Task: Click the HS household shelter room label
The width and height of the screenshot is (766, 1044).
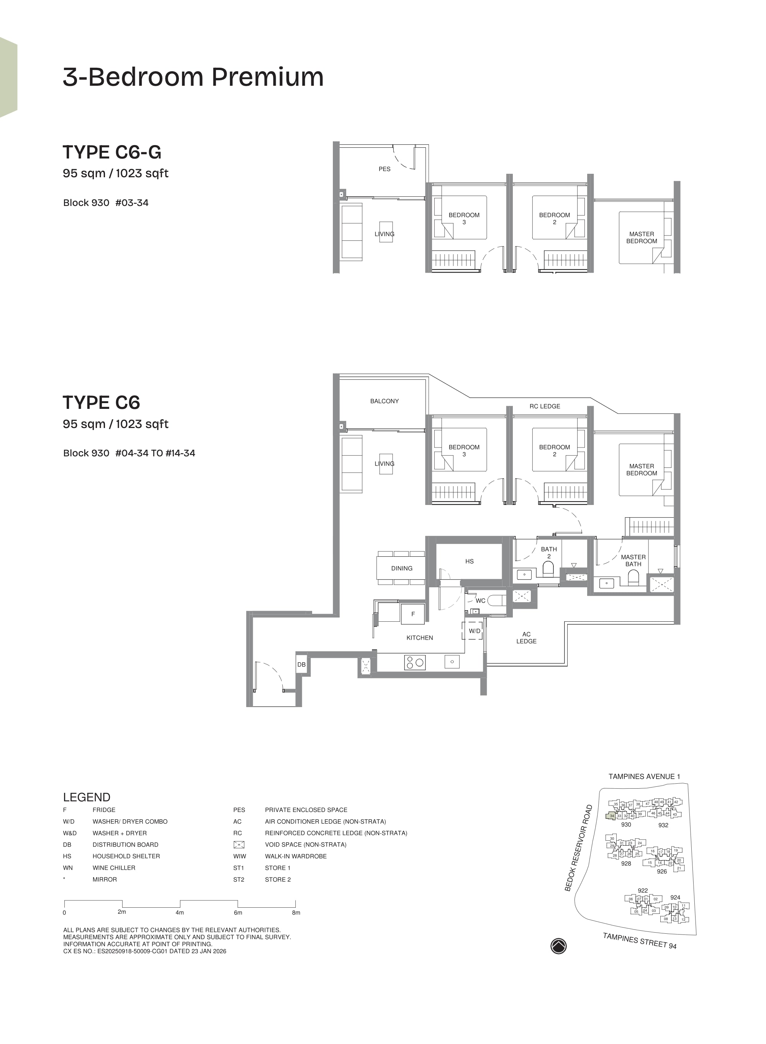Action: (469, 561)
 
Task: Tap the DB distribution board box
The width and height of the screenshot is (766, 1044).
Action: (301, 665)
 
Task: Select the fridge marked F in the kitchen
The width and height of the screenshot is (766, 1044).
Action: (412, 614)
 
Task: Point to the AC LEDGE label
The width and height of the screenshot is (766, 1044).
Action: (526, 637)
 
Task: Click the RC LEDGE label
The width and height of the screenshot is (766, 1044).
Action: (545, 407)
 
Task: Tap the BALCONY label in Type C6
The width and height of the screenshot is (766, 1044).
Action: (385, 401)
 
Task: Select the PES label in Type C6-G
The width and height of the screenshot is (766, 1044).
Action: (385, 169)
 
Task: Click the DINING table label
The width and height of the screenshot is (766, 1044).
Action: (401, 568)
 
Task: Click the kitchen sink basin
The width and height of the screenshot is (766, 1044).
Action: (452, 662)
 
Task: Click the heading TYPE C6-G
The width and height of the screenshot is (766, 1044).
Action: (112, 152)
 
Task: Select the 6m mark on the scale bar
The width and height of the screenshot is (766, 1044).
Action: (238, 912)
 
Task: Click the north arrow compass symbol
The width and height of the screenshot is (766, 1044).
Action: (558, 946)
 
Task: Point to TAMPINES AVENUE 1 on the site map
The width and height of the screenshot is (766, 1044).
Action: (644, 777)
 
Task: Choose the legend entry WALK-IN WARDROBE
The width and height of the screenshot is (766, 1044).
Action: (296, 856)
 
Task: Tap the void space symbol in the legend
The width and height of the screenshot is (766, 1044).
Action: (239, 845)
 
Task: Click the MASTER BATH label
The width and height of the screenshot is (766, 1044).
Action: (633, 561)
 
